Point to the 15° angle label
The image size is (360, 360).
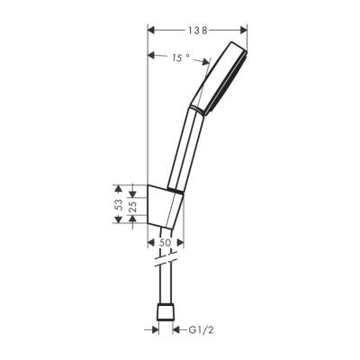tap(181, 58)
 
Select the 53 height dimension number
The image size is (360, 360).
tap(118, 205)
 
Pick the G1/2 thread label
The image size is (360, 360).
tap(200, 329)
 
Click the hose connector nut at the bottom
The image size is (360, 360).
tap(165, 313)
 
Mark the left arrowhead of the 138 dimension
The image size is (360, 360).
tap(149, 31)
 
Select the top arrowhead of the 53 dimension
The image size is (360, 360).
tap(118, 187)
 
